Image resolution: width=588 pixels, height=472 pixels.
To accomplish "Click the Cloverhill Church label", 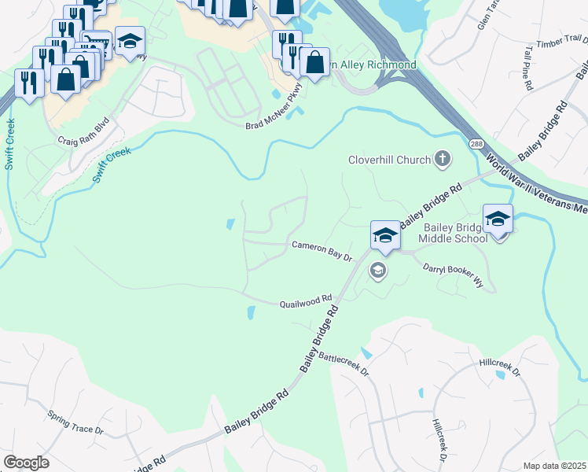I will click(x=390, y=160).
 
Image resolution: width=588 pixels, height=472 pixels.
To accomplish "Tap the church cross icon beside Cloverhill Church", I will click(x=443, y=160).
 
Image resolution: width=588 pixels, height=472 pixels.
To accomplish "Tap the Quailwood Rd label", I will click(x=307, y=301).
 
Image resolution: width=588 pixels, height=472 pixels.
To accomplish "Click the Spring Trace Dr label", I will click(x=75, y=421).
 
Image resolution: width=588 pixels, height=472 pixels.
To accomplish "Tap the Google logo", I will click(x=26, y=463).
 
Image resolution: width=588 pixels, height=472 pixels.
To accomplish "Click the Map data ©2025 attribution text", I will click(x=554, y=466).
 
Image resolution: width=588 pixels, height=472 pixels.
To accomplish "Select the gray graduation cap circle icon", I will click(x=378, y=271).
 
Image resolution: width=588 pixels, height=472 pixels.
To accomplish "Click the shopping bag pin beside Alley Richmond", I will click(x=314, y=63).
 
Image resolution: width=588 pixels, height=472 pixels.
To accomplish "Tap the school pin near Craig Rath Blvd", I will click(x=130, y=41).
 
